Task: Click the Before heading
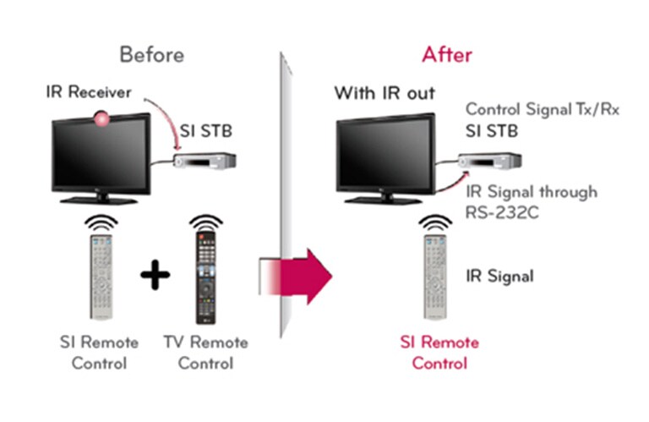pyautogui.click(x=152, y=56)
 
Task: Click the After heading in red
pyautogui.click(x=447, y=56)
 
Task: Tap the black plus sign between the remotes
pyautogui.click(x=152, y=277)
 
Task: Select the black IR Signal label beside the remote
pyautogui.click(x=499, y=276)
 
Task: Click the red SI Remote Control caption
pyautogui.click(x=439, y=353)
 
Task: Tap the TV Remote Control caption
pyautogui.click(x=206, y=353)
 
